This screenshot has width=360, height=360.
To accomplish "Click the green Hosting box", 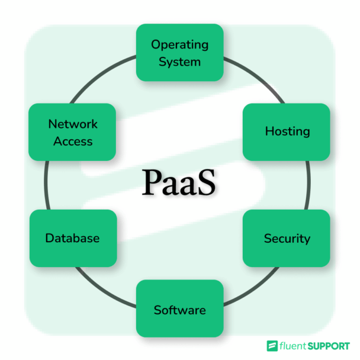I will click(287, 131).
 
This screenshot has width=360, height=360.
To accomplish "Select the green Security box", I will click(287, 238).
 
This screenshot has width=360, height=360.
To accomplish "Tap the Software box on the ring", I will click(179, 308).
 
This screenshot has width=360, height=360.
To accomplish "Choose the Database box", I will click(72, 238).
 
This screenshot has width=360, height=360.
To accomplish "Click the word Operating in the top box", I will click(179, 44).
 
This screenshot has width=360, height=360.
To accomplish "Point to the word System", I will click(179, 62).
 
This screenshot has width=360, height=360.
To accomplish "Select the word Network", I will click(72, 124).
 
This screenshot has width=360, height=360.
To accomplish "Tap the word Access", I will click(72, 142).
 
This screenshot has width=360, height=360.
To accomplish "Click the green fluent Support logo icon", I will click(272, 345).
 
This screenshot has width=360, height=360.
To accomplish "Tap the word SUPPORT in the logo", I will click(329, 345).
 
